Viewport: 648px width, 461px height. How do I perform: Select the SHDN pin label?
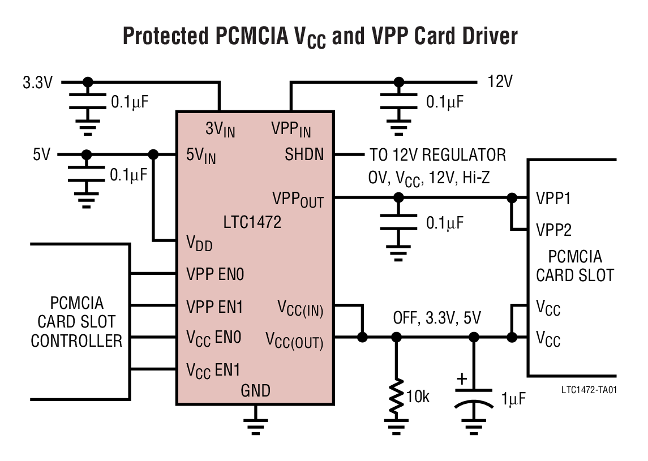click(304, 154)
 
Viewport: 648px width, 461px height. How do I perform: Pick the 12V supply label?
click(500, 82)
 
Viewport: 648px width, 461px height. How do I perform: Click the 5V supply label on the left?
click(41, 154)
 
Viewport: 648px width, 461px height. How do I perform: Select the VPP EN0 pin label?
click(215, 275)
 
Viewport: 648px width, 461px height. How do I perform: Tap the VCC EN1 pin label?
click(213, 370)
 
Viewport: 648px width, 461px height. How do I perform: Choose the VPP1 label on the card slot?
click(553, 199)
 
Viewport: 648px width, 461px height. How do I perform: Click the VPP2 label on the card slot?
click(553, 230)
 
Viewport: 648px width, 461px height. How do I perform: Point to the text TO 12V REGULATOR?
click(437, 154)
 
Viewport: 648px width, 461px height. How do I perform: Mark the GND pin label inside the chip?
click(255, 390)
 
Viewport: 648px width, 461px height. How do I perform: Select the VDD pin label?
click(199, 243)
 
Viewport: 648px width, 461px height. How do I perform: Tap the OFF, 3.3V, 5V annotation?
click(437, 318)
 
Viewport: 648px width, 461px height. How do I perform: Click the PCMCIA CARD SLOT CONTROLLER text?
click(76, 322)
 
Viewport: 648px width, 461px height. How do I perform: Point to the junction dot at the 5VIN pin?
click(153, 154)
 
